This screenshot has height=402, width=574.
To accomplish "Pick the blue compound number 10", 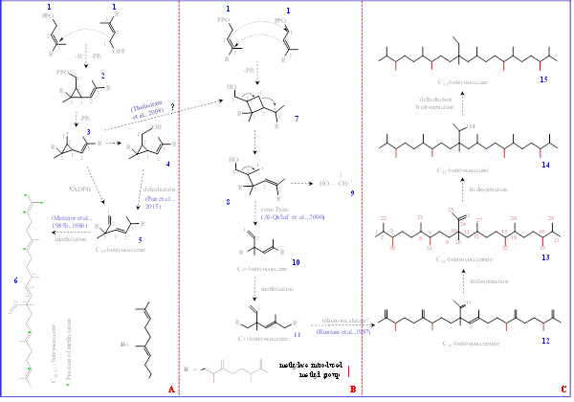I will point(297,260).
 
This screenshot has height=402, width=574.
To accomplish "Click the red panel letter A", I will point(170,388).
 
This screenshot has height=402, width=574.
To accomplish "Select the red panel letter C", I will point(563,388).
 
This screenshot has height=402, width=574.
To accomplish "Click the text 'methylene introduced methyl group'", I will point(305,372).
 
